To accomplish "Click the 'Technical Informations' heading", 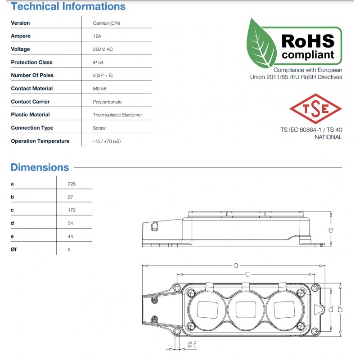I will [x=68, y=7].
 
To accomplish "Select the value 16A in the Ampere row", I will [x=97, y=36].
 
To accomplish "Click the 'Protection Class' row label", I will [x=31, y=62].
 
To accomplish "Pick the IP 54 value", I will [x=98, y=62].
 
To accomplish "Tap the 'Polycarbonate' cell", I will [x=107, y=102].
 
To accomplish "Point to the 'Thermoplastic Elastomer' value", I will [x=117, y=115].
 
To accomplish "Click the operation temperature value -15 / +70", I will [x=107, y=141].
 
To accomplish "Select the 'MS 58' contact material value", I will [x=99, y=89].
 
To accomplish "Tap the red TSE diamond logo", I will [x=315, y=108].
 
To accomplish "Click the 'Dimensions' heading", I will [x=40, y=167].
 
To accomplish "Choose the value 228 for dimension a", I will [x=72, y=184].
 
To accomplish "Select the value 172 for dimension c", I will [x=72, y=210].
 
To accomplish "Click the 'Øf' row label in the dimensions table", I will [x=14, y=249].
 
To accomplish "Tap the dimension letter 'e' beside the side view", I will [x=331, y=230].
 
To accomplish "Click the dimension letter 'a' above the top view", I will [x=235, y=265].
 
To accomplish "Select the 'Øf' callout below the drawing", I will [x=191, y=345].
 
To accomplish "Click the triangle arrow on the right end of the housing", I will [x=318, y=310].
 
